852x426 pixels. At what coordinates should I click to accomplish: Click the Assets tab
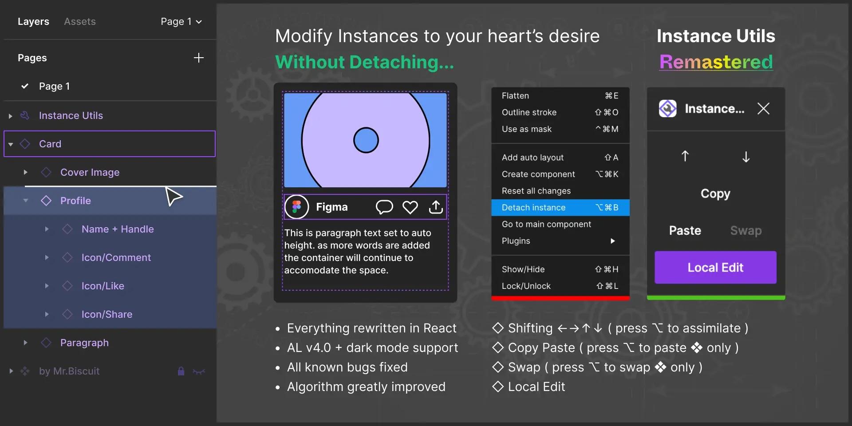click(x=80, y=21)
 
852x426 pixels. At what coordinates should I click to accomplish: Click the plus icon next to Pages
click(x=199, y=58)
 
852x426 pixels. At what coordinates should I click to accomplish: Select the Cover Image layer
click(x=90, y=172)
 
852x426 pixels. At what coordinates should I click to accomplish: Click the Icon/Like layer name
click(x=103, y=286)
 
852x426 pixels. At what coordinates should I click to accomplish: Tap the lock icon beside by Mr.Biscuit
click(x=181, y=371)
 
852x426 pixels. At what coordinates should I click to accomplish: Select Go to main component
click(x=546, y=224)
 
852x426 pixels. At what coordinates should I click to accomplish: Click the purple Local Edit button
click(x=715, y=267)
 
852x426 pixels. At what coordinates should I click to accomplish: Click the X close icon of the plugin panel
click(x=763, y=108)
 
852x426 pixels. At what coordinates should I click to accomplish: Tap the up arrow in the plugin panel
click(x=685, y=156)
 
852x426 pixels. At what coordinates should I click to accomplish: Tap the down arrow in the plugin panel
click(x=746, y=157)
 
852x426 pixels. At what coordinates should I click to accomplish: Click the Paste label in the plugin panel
click(x=685, y=230)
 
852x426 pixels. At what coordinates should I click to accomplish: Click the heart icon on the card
click(x=410, y=207)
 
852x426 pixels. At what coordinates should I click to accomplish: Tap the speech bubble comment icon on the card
click(x=384, y=207)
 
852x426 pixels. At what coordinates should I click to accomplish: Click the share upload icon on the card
click(x=436, y=207)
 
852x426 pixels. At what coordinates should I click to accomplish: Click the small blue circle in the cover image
click(x=366, y=140)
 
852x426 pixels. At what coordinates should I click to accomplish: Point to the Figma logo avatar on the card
click(x=296, y=207)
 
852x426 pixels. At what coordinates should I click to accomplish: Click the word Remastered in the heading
click(x=716, y=62)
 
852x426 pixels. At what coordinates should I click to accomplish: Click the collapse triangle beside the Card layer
click(x=11, y=144)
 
